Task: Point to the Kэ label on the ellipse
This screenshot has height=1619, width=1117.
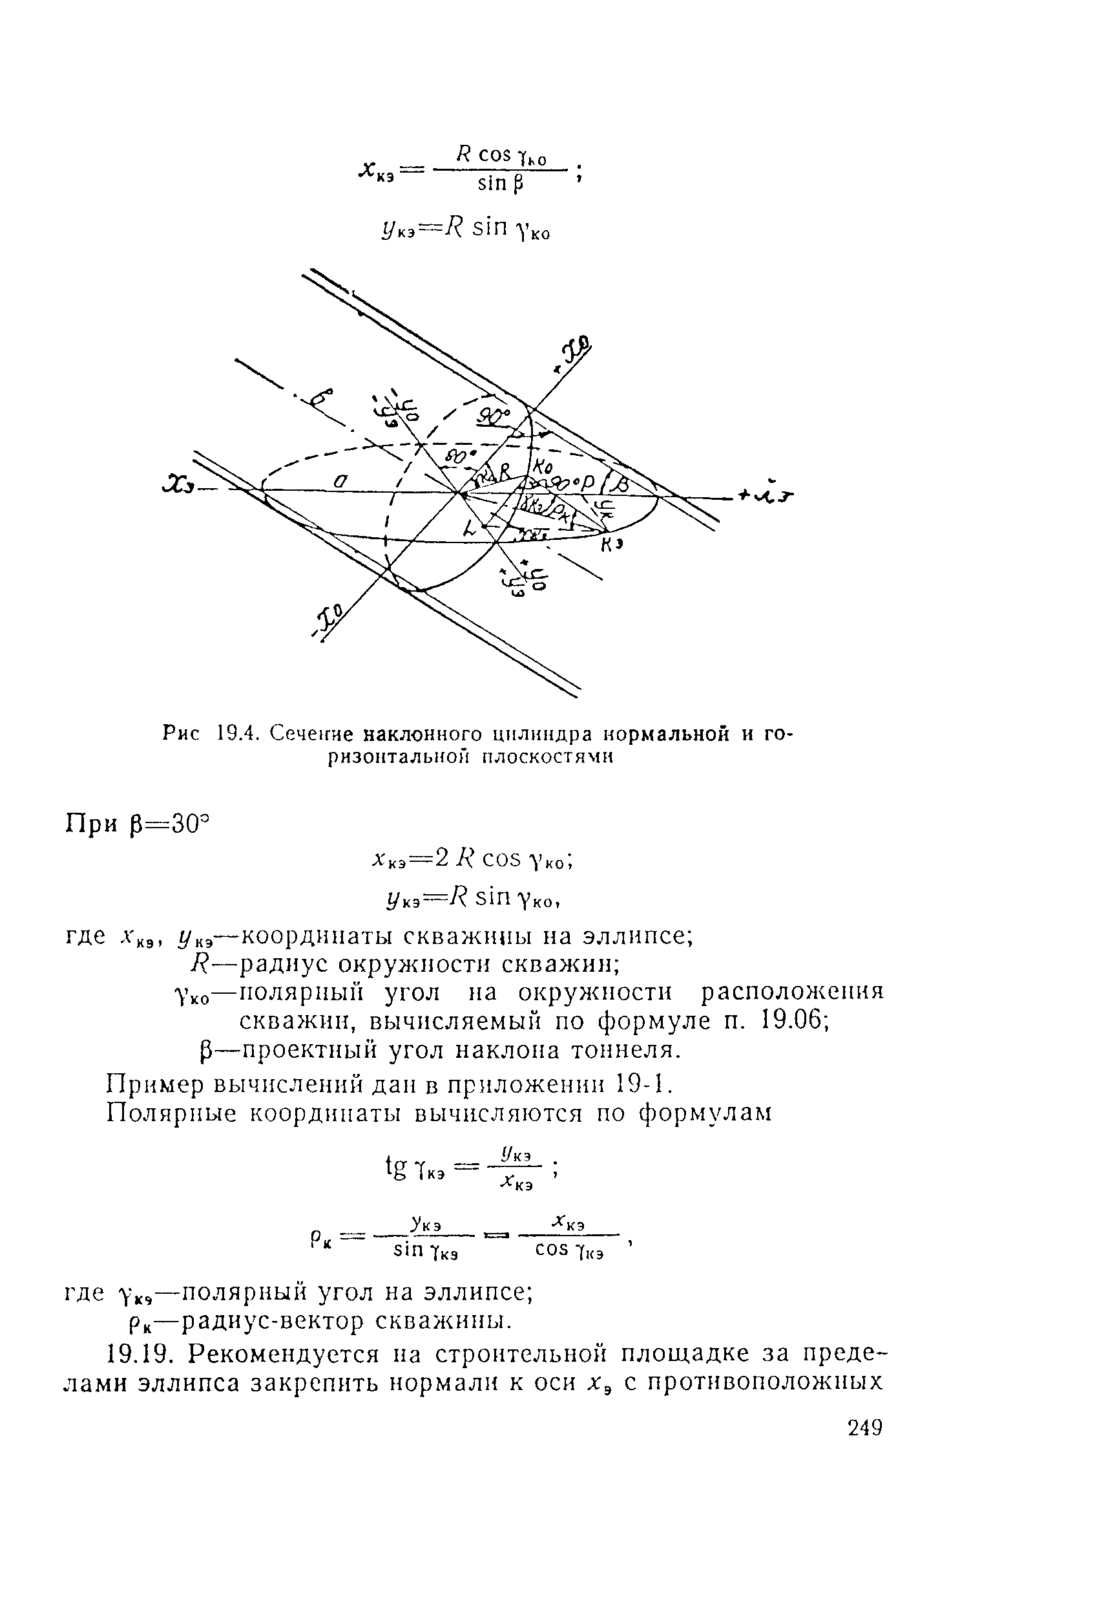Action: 612,545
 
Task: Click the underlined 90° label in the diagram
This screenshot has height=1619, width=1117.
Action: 493,417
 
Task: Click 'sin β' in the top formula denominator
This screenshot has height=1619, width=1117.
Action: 501,184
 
